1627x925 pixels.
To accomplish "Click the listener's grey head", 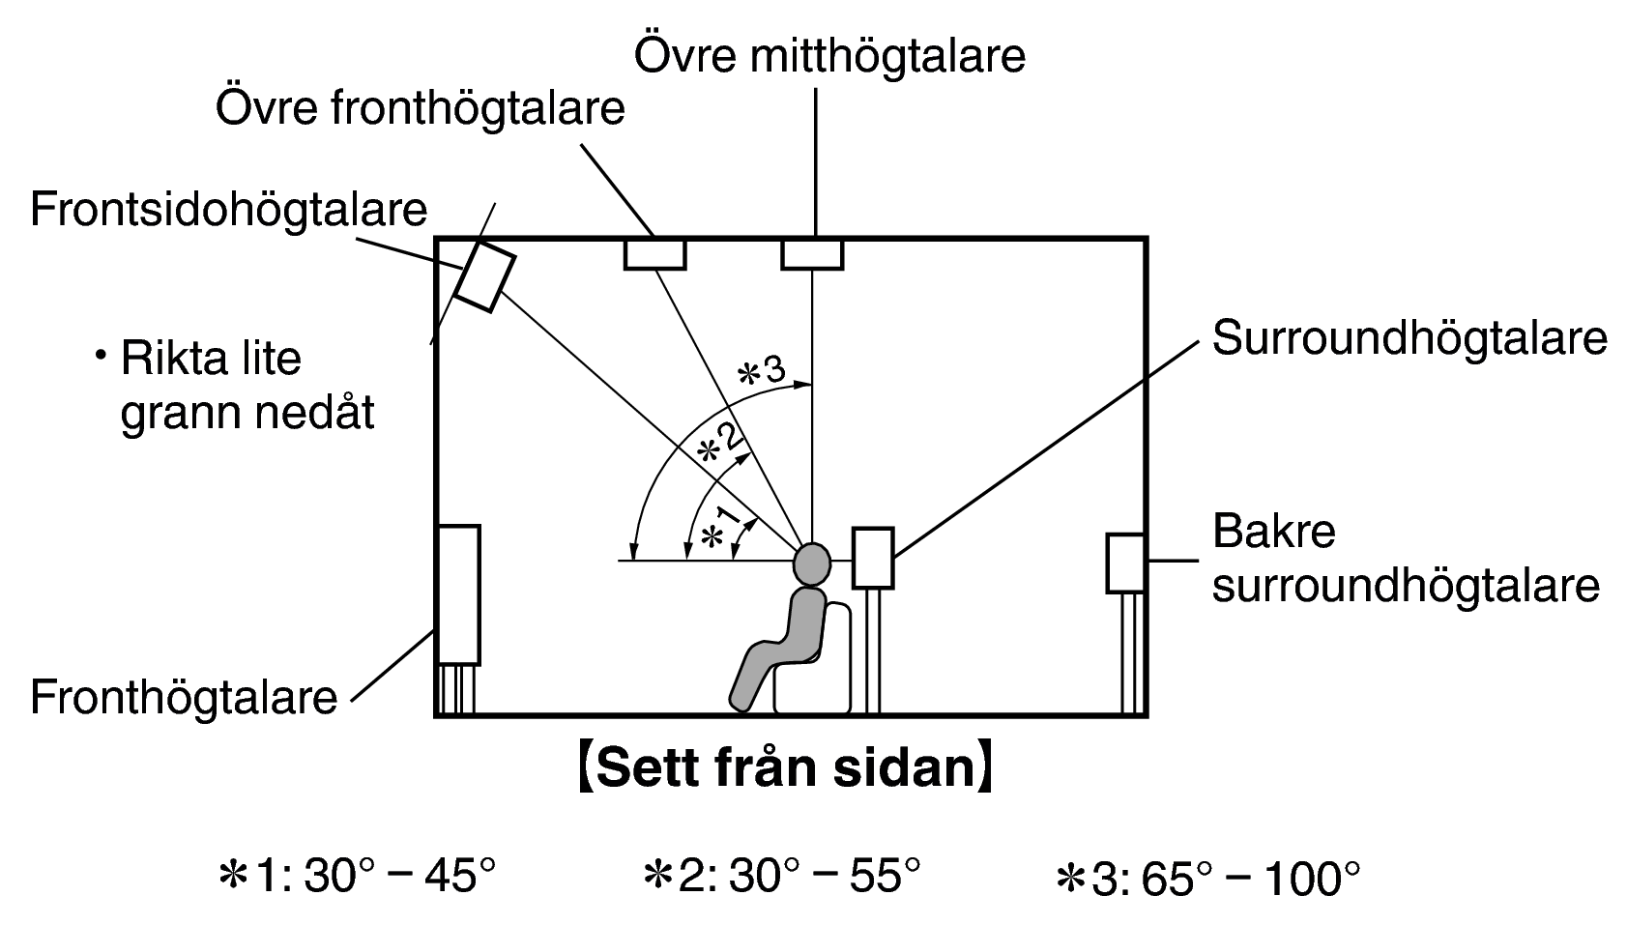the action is point(812,564).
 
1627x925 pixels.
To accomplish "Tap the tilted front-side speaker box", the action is point(485,276).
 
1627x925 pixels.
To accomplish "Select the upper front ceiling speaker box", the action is point(655,255).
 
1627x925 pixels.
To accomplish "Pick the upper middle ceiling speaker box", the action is point(812,255).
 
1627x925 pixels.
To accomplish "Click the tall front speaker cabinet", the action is point(458,594).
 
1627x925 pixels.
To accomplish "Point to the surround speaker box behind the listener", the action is point(873,558).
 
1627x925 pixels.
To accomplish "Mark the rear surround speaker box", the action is point(1126,564).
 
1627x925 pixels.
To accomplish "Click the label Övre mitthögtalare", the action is point(829,56).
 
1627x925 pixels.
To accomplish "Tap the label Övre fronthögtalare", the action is point(421,108).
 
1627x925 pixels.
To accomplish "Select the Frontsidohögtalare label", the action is point(229,210).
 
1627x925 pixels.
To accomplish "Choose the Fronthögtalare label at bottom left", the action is point(184,698).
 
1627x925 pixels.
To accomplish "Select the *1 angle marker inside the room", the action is point(720,528).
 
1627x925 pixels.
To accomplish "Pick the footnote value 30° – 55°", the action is point(825,876).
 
